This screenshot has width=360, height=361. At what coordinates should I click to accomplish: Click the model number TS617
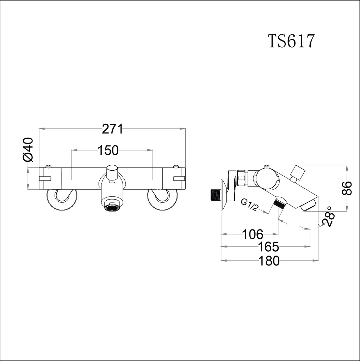pos(291,41)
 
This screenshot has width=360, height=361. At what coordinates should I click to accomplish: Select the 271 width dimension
pos(112,129)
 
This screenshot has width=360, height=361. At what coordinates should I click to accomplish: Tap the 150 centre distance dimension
pos(108,150)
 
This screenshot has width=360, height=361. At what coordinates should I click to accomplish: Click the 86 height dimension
pos(347,188)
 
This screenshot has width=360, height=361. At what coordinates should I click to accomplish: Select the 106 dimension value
pos(253,234)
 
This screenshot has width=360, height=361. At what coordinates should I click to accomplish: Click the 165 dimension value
pos(268,247)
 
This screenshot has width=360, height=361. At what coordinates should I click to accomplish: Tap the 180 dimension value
pos(269,261)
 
